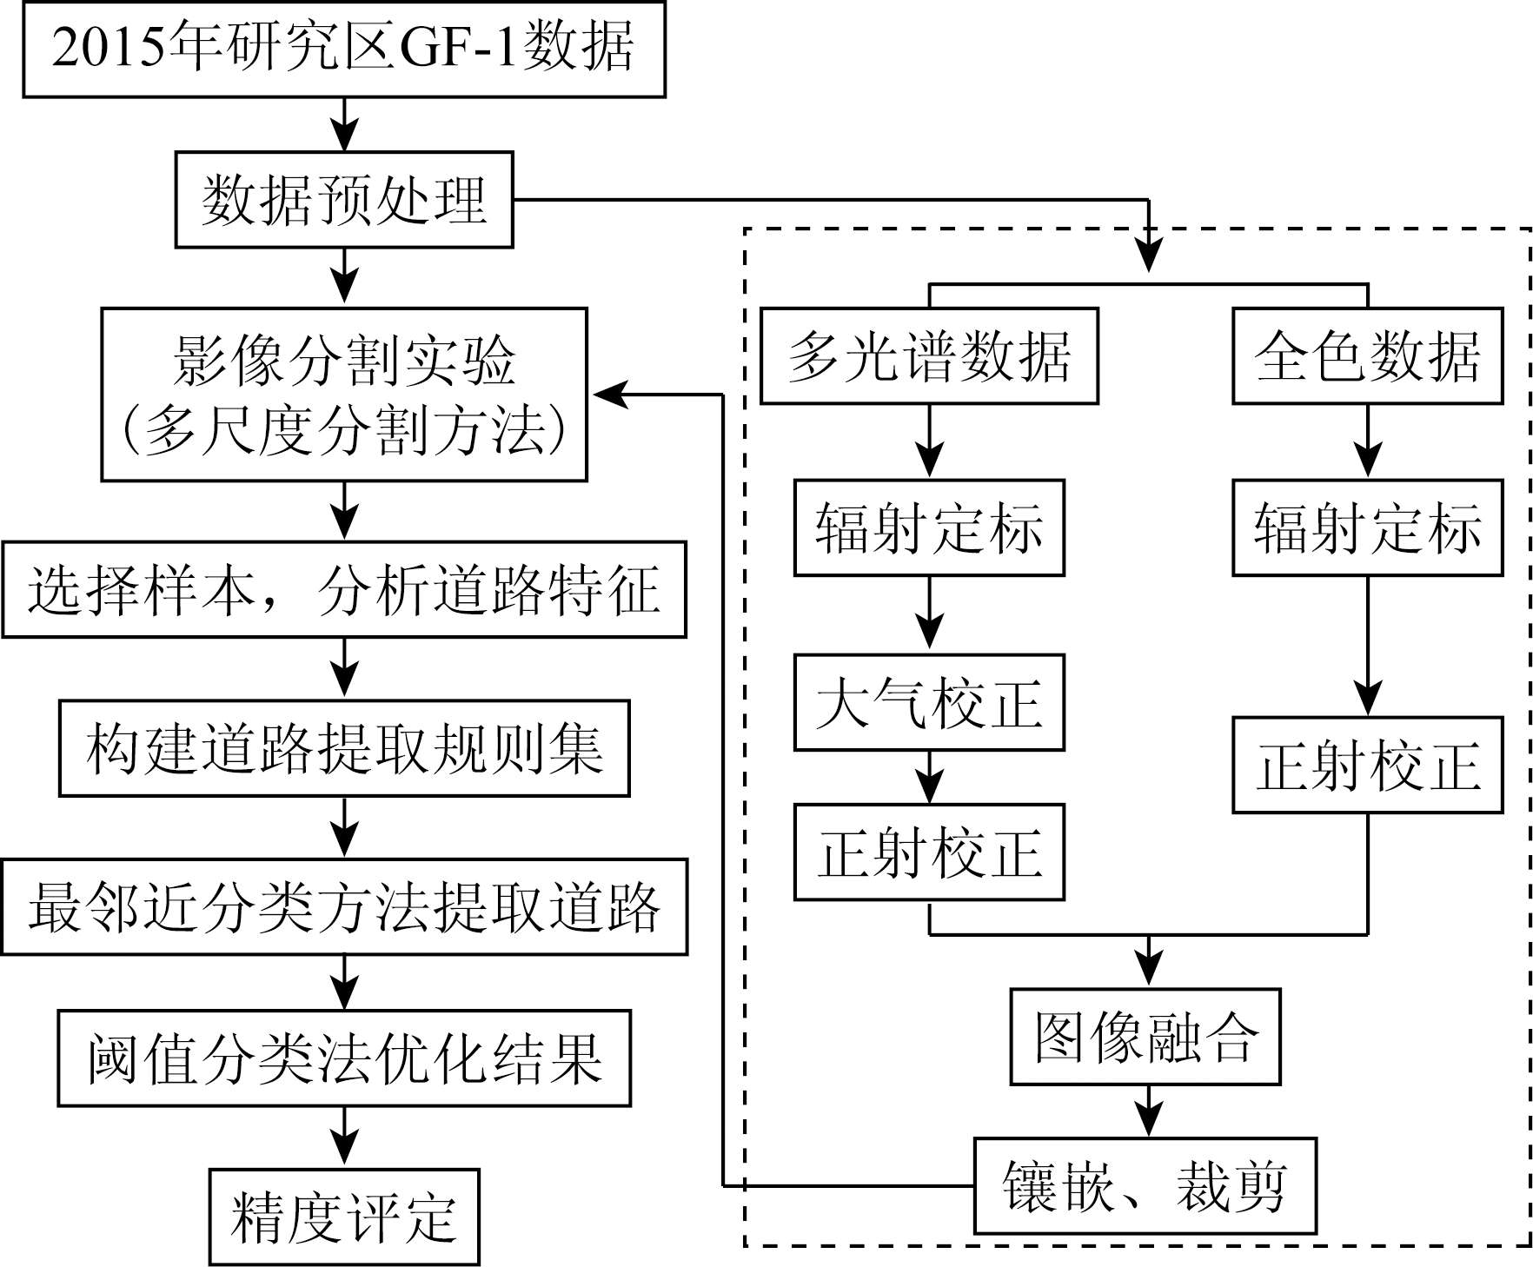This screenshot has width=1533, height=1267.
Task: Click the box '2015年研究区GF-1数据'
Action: click(x=343, y=49)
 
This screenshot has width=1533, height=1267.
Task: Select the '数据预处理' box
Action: click(x=344, y=200)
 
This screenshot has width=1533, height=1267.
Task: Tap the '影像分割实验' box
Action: click(x=344, y=395)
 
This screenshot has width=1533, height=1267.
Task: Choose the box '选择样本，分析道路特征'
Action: click(x=344, y=590)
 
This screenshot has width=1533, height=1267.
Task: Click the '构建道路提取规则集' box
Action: click(x=344, y=749)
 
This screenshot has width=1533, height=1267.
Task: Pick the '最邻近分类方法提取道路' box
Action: click(x=344, y=907)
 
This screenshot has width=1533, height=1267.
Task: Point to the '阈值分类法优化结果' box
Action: click(x=344, y=1058)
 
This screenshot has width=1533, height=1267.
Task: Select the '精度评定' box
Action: click(x=344, y=1217)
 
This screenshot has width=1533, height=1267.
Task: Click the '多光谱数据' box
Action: click(x=929, y=356)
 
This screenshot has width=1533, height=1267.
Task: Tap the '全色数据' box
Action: click(x=1367, y=356)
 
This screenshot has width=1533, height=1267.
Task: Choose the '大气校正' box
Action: click(x=929, y=703)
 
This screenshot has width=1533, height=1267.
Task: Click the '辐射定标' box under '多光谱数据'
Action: click(x=929, y=528)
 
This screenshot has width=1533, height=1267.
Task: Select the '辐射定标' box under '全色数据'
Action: click(x=1367, y=528)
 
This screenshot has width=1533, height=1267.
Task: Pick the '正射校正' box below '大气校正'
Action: click(x=929, y=852)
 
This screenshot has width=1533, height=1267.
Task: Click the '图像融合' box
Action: click(x=1145, y=1037)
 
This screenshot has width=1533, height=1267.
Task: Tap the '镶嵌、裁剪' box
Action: click(x=1145, y=1186)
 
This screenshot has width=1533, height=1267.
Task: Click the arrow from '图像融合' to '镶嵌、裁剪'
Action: click(x=1149, y=1112)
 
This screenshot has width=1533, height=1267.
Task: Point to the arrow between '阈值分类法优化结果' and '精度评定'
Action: click(x=345, y=1138)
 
